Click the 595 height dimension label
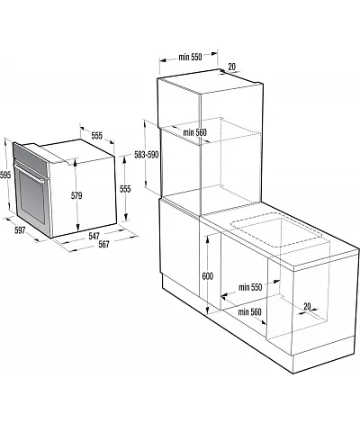pyautogui.click(x=5, y=175)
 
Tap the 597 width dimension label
pyautogui.click(x=20, y=230)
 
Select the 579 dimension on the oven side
pyautogui.click(x=76, y=196)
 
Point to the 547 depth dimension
pyautogui.click(x=94, y=236)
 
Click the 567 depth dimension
pyautogui.click(x=103, y=245)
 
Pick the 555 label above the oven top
pyautogui.click(x=96, y=136)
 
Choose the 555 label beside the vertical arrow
pyautogui.click(x=125, y=189)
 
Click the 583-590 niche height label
pyautogui.click(x=147, y=155)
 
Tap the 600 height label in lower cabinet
pyautogui.click(x=208, y=276)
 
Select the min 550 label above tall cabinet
pyautogui.click(x=190, y=57)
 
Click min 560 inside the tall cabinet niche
pyautogui.click(x=195, y=132)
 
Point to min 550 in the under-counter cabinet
pyautogui.click(x=250, y=287)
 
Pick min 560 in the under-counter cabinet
pyautogui.click(x=249, y=312)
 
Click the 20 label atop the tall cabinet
pyautogui.click(x=232, y=67)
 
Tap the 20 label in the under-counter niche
pyautogui.click(x=307, y=306)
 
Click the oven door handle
pyautogui.click(x=30, y=172)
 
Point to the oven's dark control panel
pyautogui.click(x=31, y=158)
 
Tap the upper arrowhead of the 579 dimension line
pyautogui.click(x=76, y=162)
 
